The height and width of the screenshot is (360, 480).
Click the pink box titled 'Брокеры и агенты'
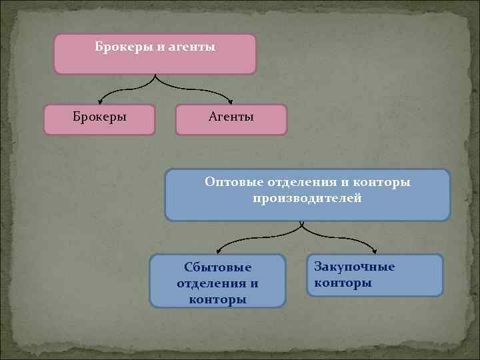coord(155,54)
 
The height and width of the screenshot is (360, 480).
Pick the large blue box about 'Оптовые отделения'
coord(307,195)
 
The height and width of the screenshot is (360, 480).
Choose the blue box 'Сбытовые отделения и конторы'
coord(218,281)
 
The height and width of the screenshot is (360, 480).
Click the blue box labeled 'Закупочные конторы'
coord(375,275)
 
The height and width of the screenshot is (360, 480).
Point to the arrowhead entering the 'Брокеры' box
coord(100,102)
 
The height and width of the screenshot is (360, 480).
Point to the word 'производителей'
coord(307,199)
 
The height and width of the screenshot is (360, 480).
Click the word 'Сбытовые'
coord(218,267)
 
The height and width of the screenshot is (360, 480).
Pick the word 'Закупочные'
coord(355,267)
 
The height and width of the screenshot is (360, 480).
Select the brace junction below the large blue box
coord(302,223)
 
